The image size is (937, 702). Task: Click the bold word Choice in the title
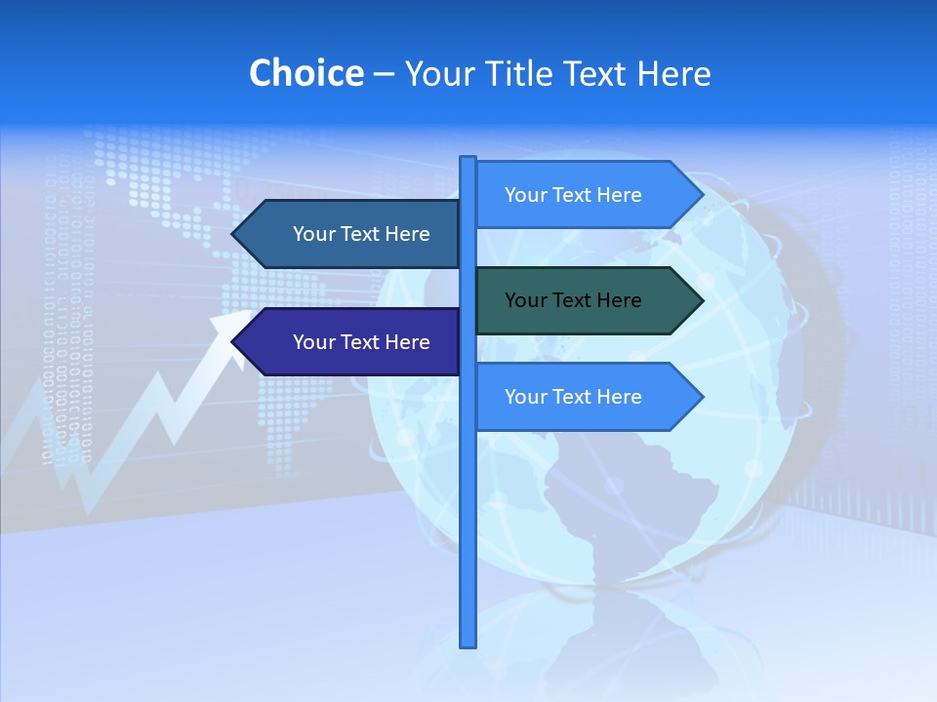pyautogui.click(x=306, y=73)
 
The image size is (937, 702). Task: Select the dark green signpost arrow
pyautogui.click(x=586, y=300)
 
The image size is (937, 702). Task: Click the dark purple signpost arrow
pyautogui.click(x=351, y=341)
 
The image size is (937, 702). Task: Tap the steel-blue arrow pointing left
pyautogui.click(x=351, y=234)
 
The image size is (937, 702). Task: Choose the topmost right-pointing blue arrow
pyautogui.click(x=586, y=195)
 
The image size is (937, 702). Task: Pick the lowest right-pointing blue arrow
pyautogui.click(x=586, y=397)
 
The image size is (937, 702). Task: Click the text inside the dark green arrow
pyautogui.click(x=573, y=300)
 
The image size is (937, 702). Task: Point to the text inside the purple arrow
pyautogui.click(x=361, y=342)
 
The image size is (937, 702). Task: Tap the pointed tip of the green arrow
pyautogui.click(x=701, y=300)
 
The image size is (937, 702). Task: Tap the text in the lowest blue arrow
pyautogui.click(x=573, y=397)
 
